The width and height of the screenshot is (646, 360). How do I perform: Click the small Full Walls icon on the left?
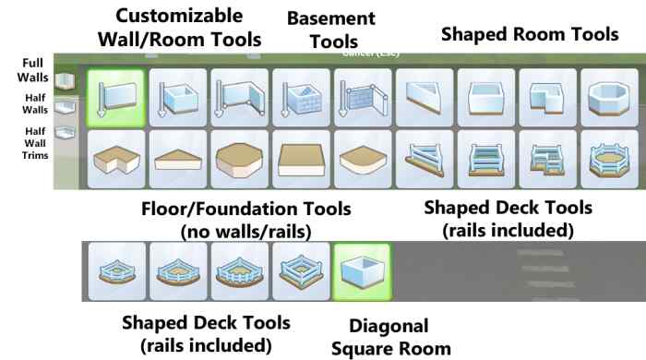coord(62,79)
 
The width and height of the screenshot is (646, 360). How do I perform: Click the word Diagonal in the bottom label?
coord(389,326)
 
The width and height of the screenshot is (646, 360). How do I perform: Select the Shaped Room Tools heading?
coord(529,34)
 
